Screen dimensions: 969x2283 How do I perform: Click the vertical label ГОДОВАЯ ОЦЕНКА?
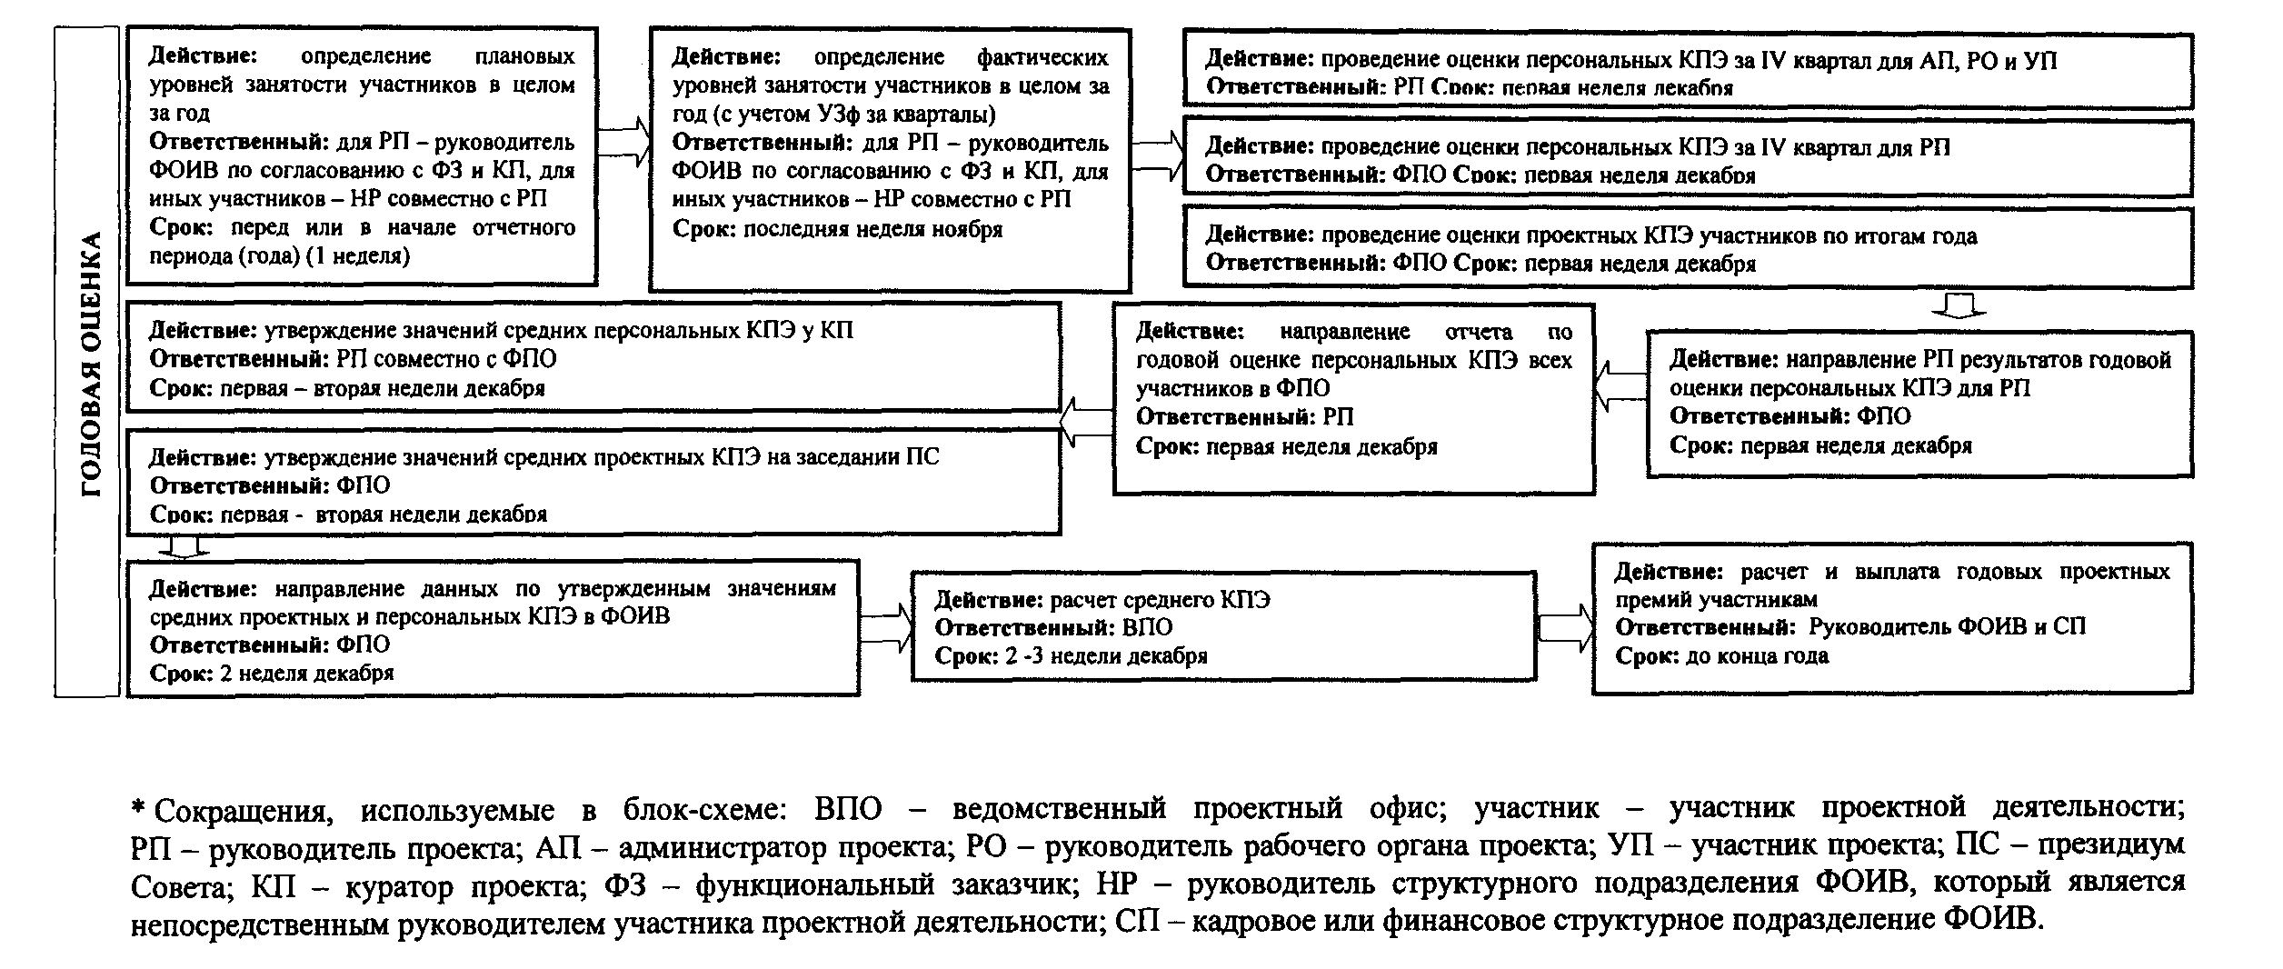point(88,364)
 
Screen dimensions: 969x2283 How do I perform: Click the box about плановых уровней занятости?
point(362,155)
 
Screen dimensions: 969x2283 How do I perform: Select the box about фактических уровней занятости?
point(890,159)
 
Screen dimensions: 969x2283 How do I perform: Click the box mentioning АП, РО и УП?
point(1687,73)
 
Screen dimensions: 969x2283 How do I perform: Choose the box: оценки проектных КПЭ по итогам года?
point(1687,248)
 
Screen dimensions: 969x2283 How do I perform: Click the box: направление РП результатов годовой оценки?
point(1919,402)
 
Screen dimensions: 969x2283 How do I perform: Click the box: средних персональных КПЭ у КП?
point(593,358)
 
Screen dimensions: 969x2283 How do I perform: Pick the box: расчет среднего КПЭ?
point(1223,626)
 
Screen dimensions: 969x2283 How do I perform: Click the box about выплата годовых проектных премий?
point(1891,618)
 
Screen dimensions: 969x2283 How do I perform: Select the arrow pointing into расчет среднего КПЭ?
point(886,627)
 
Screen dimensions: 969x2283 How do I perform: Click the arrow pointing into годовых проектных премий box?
point(1565,627)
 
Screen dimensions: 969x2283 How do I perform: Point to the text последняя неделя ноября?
point(872,229)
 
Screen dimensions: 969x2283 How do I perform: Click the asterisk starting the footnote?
point(139,806)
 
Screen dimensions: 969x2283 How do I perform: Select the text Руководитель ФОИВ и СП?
point(1946,626)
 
